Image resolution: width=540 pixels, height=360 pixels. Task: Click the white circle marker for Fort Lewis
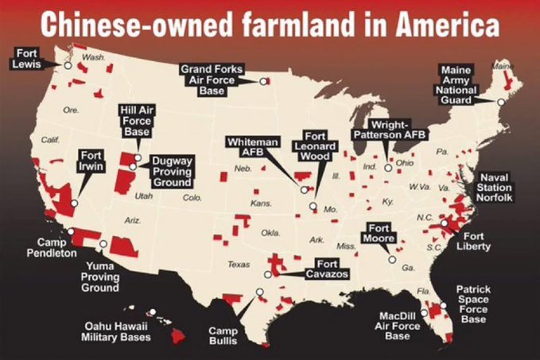point(68,66)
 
